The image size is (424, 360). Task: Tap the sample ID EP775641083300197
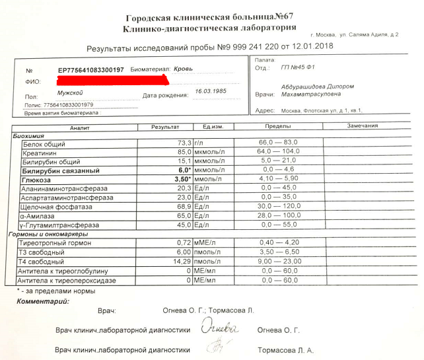pos(90,69)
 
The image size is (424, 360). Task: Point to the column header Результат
pos(165,126)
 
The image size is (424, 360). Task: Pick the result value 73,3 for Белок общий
pos(184,143)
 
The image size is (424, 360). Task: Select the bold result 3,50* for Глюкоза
pos(182,178)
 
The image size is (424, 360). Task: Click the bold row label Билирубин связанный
pos(57,170)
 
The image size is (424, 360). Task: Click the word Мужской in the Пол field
pos(70,94)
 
